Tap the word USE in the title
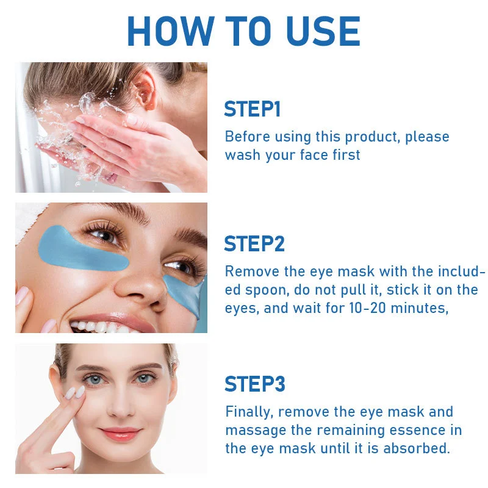click(323, 31)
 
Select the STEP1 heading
click(252, 109)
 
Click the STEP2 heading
click(254, 243)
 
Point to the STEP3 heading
click(254, 384)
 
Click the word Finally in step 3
click(249, 412)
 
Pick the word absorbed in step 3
click(417, 448)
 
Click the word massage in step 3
click(256, 431)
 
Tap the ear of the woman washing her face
click(144, 90)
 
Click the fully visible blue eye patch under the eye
click(82, 249)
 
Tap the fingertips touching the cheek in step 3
click(74, 392)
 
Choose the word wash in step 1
click(243, 155)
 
